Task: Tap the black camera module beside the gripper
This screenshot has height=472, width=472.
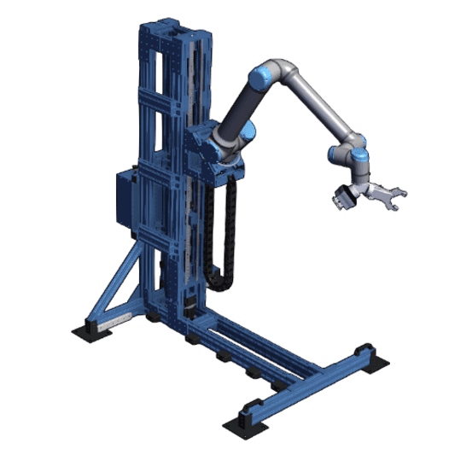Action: (342, 198)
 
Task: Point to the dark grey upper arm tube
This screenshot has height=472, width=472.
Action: (239, 107)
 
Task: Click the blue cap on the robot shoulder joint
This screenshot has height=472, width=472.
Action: (248, 133)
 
